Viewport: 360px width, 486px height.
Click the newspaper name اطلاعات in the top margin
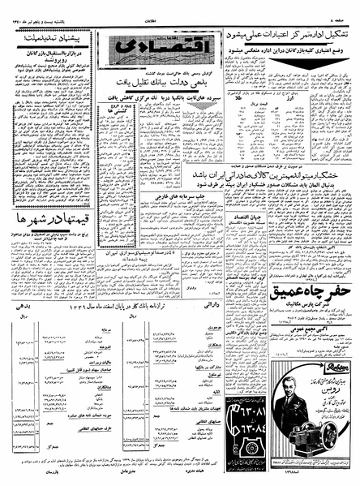click(x=180, y=4)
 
